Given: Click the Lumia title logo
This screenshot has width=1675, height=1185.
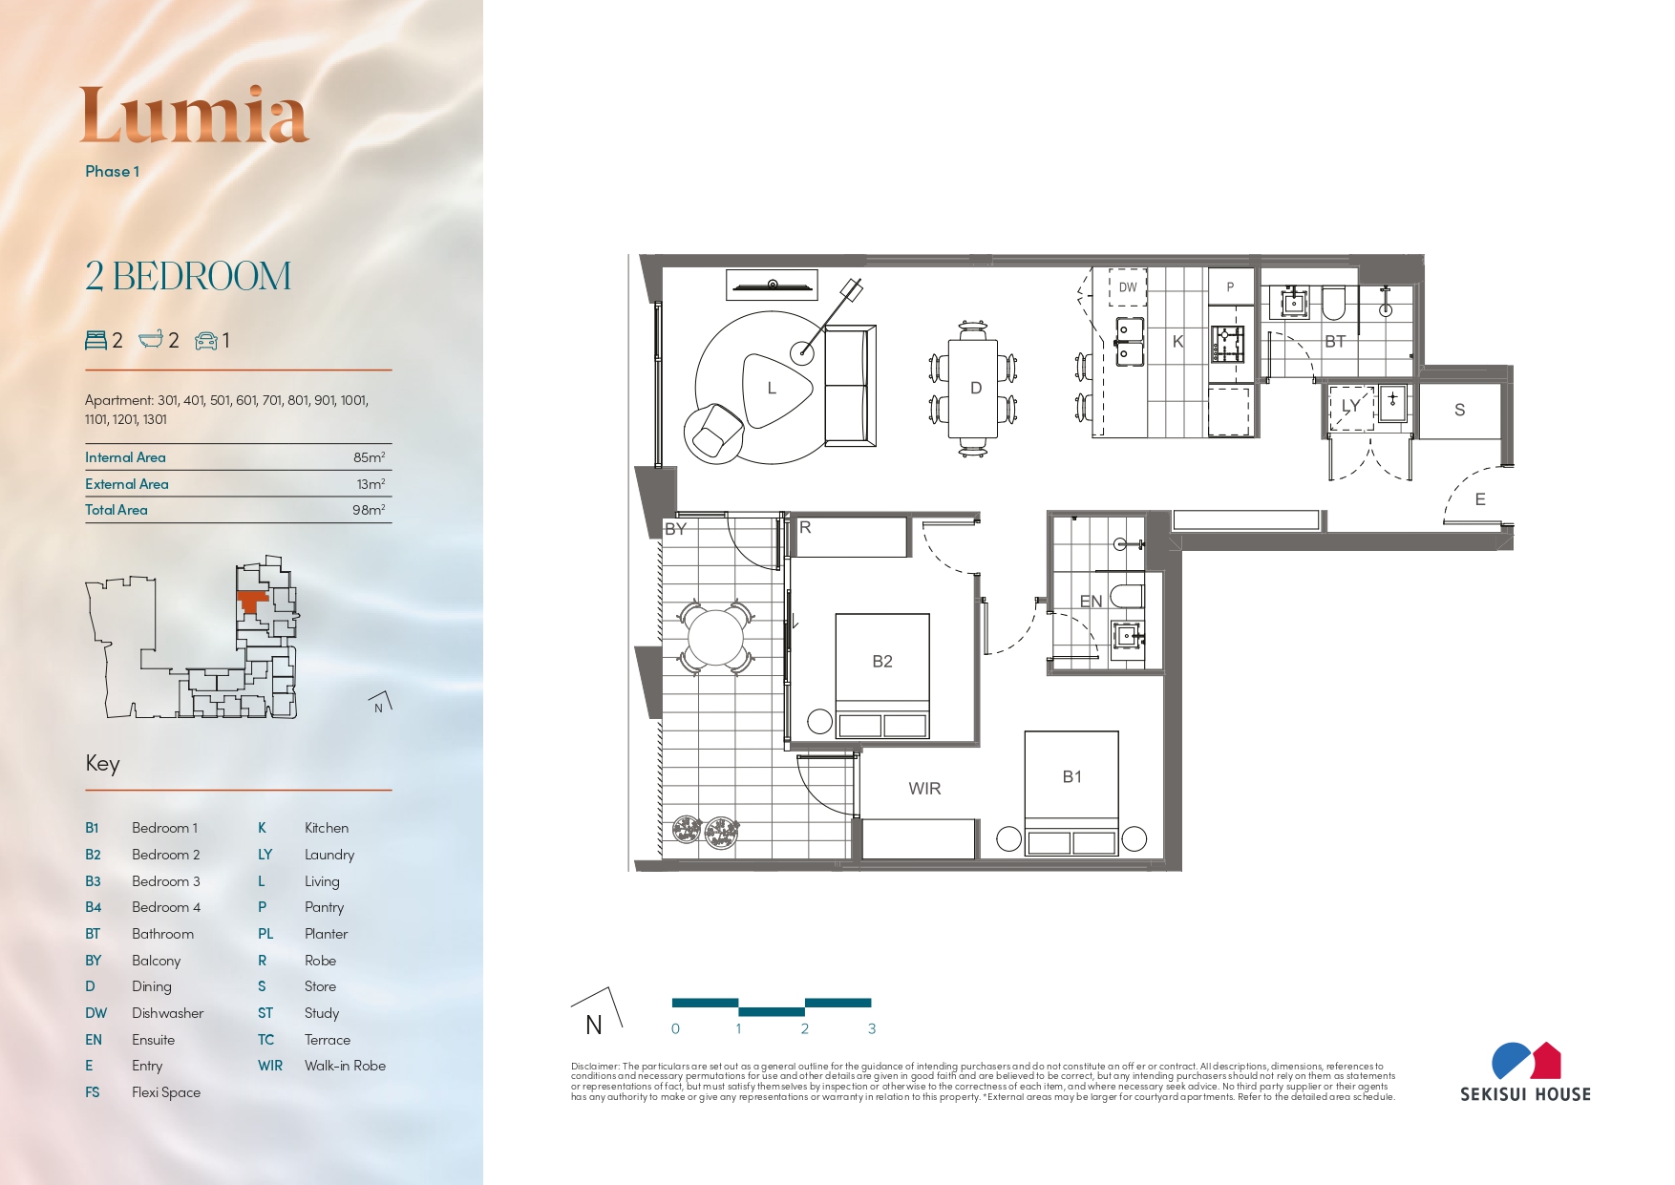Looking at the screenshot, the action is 195,115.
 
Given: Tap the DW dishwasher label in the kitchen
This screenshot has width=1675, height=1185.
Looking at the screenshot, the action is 1128,286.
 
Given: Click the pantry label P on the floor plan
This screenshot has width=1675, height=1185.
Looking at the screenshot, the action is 1230,286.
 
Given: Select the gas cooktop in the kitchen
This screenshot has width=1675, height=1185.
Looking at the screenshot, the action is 1228,344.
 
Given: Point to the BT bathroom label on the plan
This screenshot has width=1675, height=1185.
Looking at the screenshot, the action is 1335,341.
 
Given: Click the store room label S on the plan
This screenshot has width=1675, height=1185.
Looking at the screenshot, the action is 1459,410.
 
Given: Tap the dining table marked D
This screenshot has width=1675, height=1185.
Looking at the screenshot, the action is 973,389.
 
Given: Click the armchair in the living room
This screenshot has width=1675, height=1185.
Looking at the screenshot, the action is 715,431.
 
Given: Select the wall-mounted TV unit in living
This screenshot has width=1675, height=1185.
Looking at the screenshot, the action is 772,285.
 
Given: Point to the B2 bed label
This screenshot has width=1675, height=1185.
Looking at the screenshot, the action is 882,661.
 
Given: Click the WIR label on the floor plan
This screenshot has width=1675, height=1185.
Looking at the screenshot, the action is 924,788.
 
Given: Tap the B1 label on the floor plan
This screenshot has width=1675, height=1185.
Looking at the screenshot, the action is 1072,776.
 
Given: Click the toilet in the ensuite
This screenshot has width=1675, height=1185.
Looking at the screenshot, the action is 1127,597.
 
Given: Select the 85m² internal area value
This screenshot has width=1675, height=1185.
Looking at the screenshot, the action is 370,457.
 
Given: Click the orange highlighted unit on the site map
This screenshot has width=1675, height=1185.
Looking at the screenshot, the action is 251,601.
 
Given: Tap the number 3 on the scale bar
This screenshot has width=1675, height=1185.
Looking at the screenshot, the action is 872,1028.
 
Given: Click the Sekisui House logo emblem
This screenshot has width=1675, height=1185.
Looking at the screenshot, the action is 1526,1060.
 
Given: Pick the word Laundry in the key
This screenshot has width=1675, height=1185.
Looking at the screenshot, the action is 329,855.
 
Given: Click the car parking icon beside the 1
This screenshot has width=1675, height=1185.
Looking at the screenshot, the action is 205,341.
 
